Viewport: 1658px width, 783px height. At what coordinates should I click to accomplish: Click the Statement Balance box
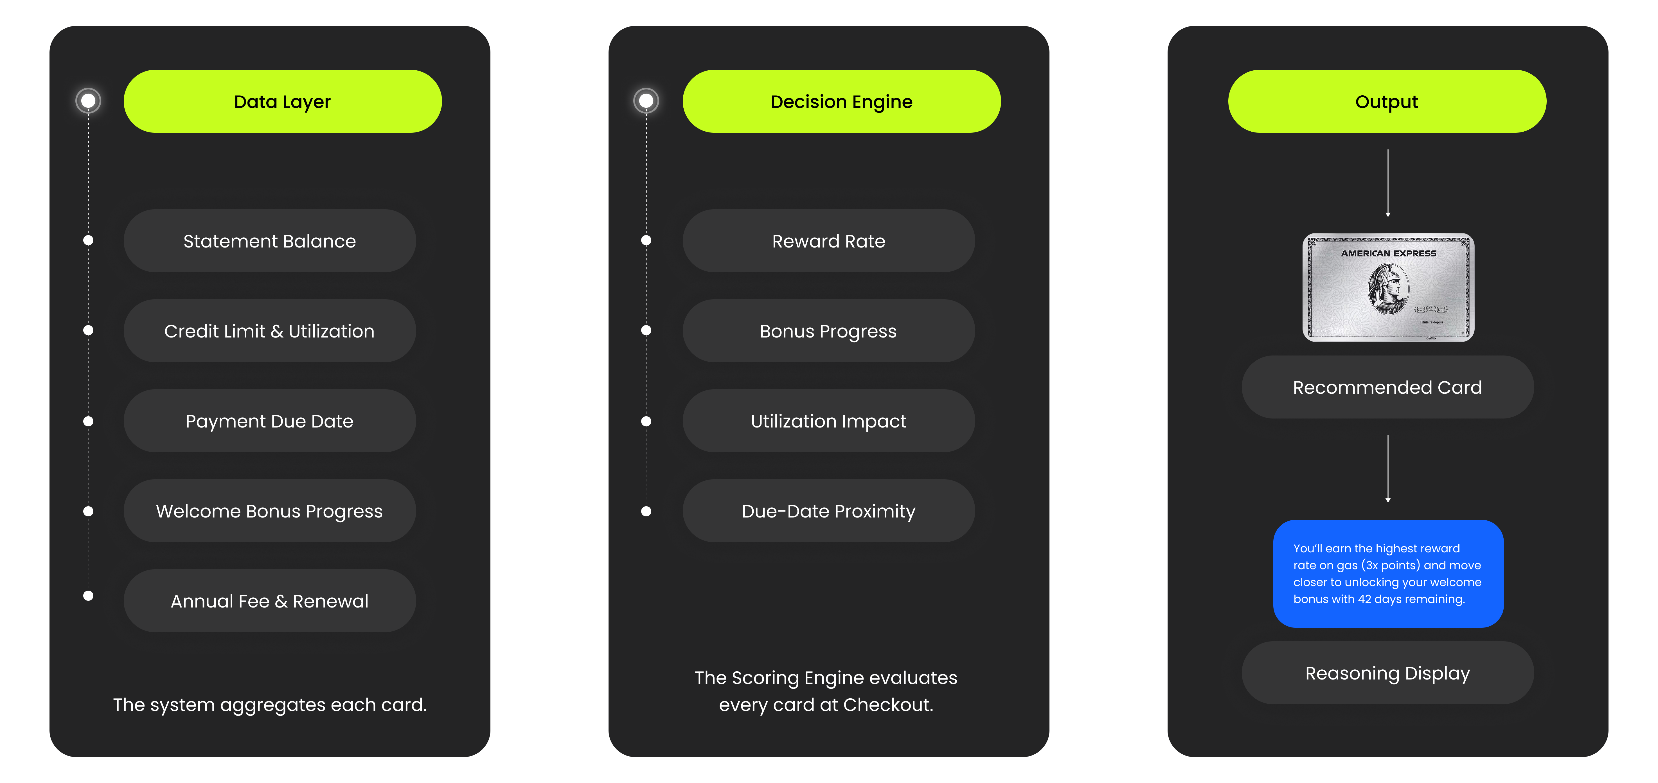pyautogui.click(x=270, y=241)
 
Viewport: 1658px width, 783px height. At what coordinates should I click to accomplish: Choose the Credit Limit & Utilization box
pyautogui.click(x=270, y=331)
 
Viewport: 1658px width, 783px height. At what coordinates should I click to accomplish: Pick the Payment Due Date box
pyautogui.click(x=270, y=421)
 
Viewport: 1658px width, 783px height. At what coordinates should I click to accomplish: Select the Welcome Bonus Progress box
pyautogui.click(x=270, y=511)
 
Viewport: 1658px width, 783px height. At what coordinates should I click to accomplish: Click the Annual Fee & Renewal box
pyautogui.click(x=270, y=601)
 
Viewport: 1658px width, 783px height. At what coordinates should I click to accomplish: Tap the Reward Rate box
pyautogui.click(x=828, y=241)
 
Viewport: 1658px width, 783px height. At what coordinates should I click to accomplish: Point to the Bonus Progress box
pyautogui.click(x=828, y=331)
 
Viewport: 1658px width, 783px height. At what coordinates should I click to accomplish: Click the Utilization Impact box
pyautogui.click(x=828, y=421)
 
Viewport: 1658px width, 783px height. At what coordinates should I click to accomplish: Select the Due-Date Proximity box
pyautogui.click(x=828, y=511)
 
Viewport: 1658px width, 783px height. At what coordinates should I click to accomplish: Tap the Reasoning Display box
pyautogui.click(x=1387, y=673)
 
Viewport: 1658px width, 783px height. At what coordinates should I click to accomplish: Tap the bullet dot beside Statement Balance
pyautogui.click(x=88, y=240)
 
